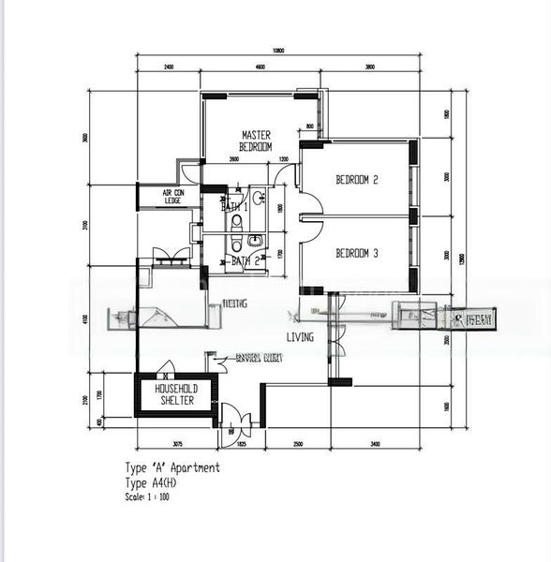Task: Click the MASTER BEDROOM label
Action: (x=256, y=141)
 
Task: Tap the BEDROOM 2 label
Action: (x=356, y=181)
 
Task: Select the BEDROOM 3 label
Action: (x=356, y=253)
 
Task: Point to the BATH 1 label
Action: (x=235, y=206)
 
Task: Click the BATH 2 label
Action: (x=245, y=261)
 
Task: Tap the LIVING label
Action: (x=300, y=337)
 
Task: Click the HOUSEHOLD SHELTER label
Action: (x=175, y=394)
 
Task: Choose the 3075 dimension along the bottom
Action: (x=177, y=443)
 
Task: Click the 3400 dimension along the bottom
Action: (x=374, y=443)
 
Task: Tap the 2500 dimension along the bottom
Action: (x=297, y=443)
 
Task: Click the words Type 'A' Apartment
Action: (x=172, y=467)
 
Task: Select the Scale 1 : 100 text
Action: (x=147, y=496)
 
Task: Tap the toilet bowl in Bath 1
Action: (x=236, y=222)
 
